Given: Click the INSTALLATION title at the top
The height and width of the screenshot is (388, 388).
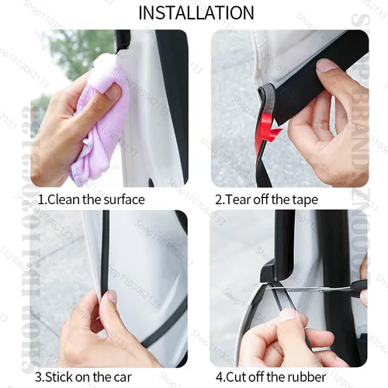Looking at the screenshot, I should [x=196, y=12].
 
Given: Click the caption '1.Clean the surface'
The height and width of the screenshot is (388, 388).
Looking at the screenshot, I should [x=91, y=199].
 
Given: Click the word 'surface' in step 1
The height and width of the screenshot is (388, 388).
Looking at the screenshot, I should [x=122, y=199].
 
